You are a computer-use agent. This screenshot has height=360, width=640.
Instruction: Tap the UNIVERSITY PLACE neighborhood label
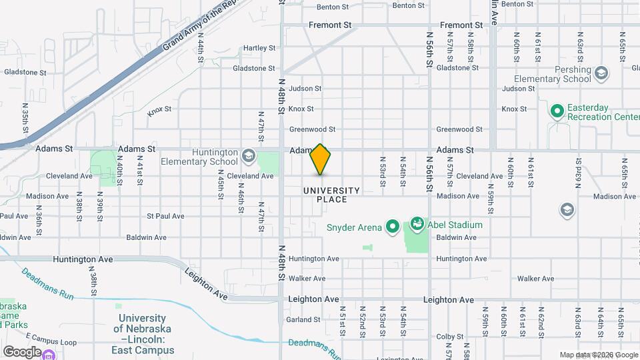pyautogui.click(x=331, y=195)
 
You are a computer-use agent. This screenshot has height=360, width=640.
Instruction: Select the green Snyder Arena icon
pyautogui.click(x=392, y=227)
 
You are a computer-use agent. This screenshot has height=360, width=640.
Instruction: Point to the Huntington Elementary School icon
pyautogui.click(x=248, y=156)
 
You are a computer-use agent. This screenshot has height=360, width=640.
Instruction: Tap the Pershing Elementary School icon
pyautogui.click(x=601, y=73)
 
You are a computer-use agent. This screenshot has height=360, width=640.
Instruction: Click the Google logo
pyautogui.click(x=22, y=351)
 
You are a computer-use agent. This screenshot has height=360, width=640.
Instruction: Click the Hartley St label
pyautogui.click(x=259, y=48)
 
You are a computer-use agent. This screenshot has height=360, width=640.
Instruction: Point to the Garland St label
pyautogui.click(x=304, y=320)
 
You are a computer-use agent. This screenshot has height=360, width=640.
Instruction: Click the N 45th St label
pyautogui.click(x=221, y=187)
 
